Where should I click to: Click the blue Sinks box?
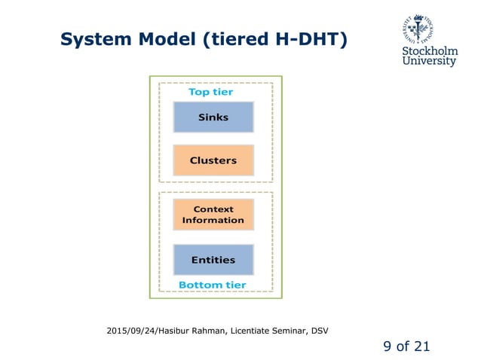(x=213, y=117)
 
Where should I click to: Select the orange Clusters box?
(x=213, y=160)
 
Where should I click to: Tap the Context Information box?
(x=213, y=215)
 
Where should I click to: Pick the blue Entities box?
(x=213, y=260)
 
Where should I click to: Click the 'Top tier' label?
(x=210, y=92)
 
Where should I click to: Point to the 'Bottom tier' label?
(x=212, y=285)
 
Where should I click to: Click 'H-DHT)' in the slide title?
(x=311, y=39)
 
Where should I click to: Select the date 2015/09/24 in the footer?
(x=133, y=330)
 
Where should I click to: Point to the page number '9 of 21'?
(x=406, y=346)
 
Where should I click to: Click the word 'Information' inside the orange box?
(x=213, y=221)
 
